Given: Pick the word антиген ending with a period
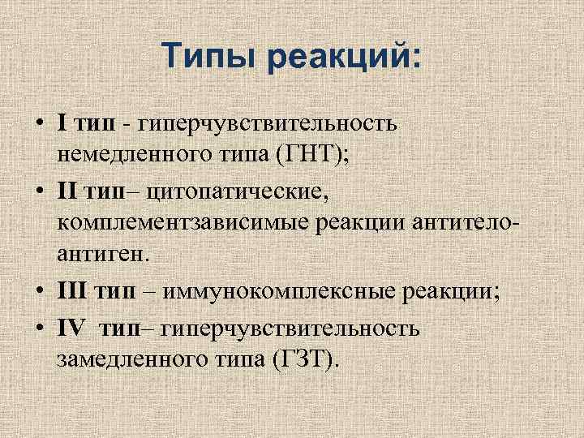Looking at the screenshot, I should [104, 255].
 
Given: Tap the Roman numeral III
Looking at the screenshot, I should [72, 292].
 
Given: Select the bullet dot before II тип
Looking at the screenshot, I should [39, 191].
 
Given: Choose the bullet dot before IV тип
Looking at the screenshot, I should [39, 328].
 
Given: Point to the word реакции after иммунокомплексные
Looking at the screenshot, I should [402, 292].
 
